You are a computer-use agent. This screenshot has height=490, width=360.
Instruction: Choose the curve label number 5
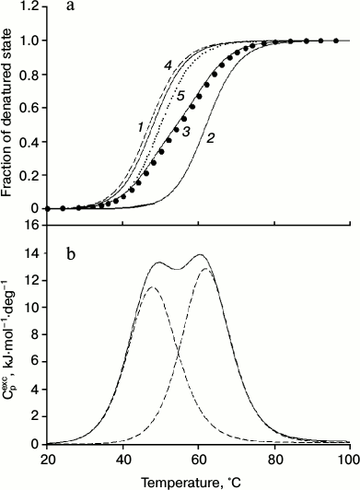pyautogui.click(x=181, y=96)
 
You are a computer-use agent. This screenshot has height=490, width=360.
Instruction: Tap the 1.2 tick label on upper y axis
pyautogui.click(x=30, y=7)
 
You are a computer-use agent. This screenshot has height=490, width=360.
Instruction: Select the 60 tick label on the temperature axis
pyautogui.click(x=198, y=458)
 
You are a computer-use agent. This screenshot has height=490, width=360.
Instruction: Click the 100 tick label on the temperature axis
pyautogui.click(x=347, y=458)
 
